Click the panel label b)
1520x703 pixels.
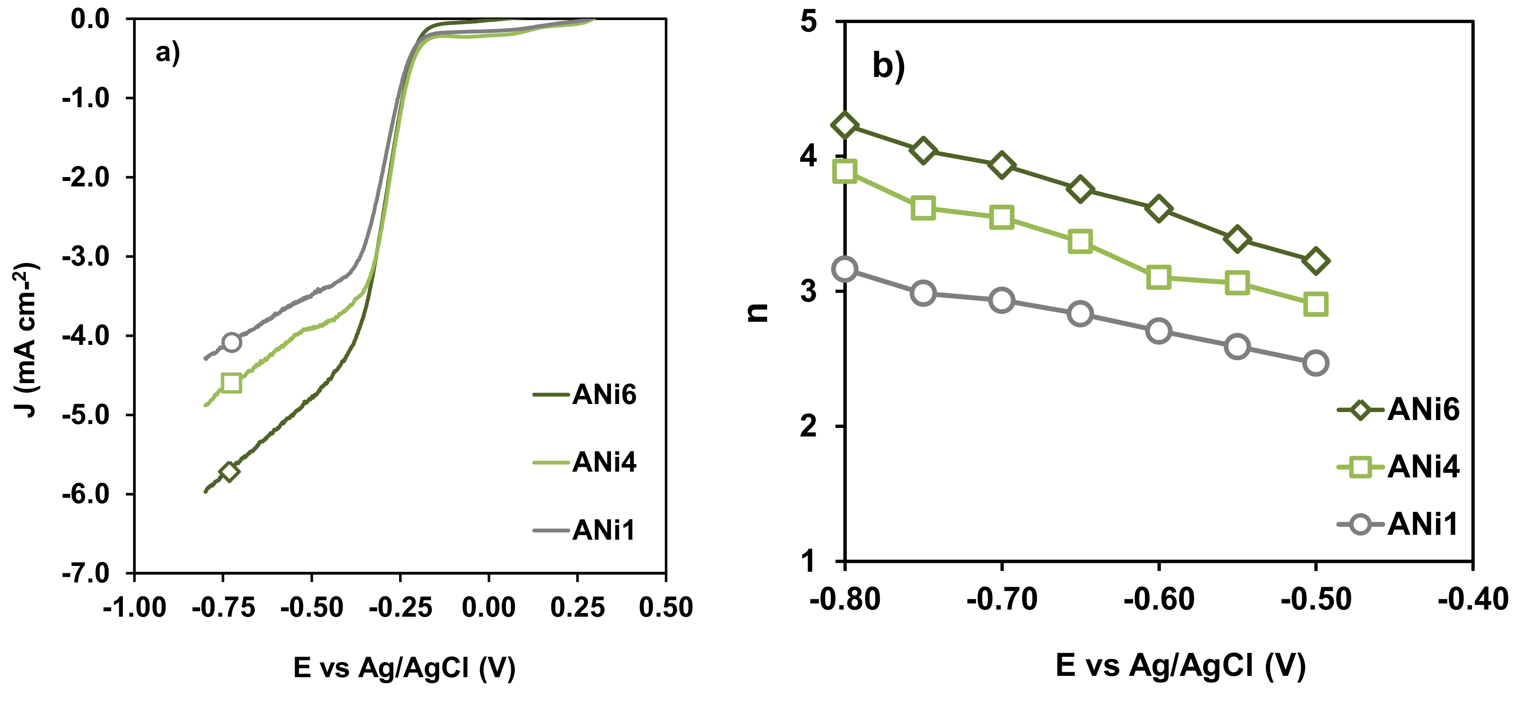tap(888, 65)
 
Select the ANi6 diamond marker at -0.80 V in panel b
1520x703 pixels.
tap(845, 125)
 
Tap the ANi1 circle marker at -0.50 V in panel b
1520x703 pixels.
tap(1315, 363)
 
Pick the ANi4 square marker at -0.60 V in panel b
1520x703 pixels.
tap(1158, 277)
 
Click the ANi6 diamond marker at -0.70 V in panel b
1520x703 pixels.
tap(1001, 165)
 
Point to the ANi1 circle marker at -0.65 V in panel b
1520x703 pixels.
tap(1080, 313)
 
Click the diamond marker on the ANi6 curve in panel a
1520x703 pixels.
tap(229, 471)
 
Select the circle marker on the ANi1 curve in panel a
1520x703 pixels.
tap(231, 342)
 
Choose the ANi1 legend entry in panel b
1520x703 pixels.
tap(1399, 524)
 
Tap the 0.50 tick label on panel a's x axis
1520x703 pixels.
tap(666, 607)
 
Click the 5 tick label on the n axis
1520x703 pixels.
tap(809, 22)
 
